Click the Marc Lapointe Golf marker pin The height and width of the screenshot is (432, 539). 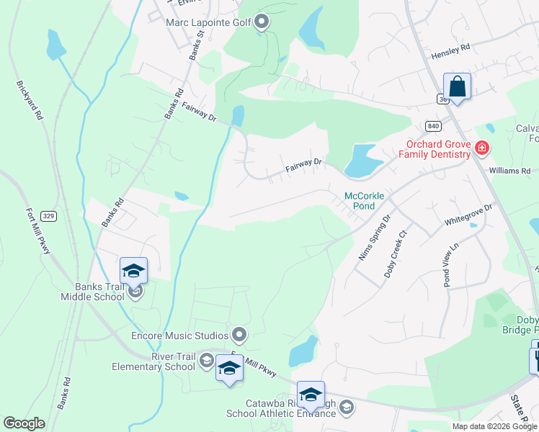pyautogui.click(x=262, y=22)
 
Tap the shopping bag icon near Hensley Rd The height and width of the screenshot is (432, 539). pyautogui.click(x=457, y=87)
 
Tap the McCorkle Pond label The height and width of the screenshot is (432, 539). pyautogui.click(x=365, y=200)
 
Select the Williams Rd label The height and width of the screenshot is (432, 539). pyautogui.click(x=509, y=171)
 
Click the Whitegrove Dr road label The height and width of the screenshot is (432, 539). pyautogui.click(x=468, y=214)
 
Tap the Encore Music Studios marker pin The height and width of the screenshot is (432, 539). pyautogui.click(x=239, y=335)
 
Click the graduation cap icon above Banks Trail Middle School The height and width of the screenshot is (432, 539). pyautogui.click(x=134, y=271)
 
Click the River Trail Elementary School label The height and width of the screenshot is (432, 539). pyautogui.click(x=153, y=361)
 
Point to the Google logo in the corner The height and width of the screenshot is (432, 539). pyautogui.click(x=24, y=423)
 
